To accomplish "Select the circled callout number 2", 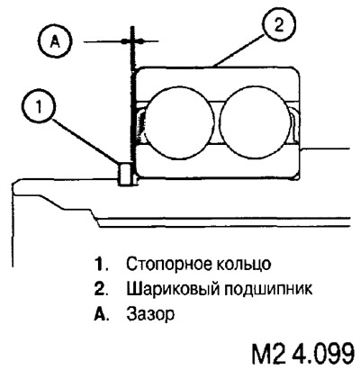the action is [x=279, y=25].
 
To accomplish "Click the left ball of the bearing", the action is [x=180, y=122].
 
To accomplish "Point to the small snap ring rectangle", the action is [x=125, y=174].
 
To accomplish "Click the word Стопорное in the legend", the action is [x=166, y=265].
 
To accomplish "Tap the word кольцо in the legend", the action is [x=242, y=265].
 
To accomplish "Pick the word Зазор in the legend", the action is [x=150, y=314].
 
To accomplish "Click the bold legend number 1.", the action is [x=100, y=265].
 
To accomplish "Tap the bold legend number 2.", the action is [x=100, y=289].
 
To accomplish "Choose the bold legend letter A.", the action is [x=100, y=314].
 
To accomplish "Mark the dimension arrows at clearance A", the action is [x=131, y=41].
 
